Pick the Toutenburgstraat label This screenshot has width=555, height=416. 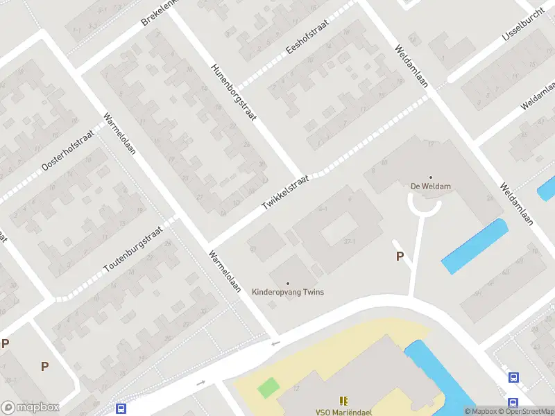coord(132,250)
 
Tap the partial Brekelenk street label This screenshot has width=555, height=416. coord(160,12)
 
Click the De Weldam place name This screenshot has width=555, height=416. coord(431,186)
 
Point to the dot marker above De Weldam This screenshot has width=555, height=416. coord(431,177)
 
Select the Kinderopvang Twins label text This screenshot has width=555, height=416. coord(288,292)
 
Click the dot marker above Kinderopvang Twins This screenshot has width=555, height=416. coord(288,283)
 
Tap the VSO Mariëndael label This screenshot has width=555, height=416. coord(343,412)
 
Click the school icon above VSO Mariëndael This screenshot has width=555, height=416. coord(343,400)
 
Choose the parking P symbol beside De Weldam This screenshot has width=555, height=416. coord(400,257)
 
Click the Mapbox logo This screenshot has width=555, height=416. coord(31,408)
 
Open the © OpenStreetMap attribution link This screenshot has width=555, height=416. coord(527,411)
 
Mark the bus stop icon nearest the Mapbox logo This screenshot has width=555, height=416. coord(121,409)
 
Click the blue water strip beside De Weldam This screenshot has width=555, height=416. coord(475,245)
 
